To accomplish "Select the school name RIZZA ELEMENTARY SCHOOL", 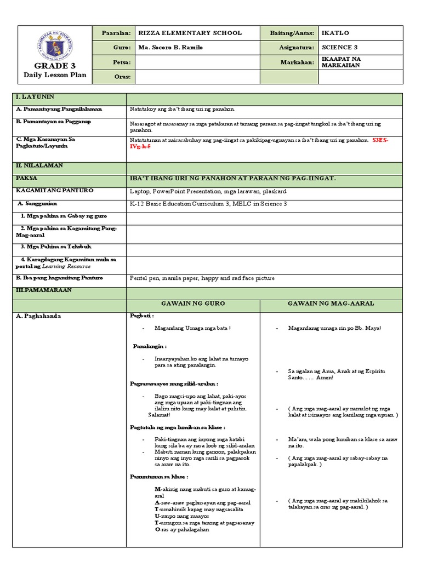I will tap(190, 33).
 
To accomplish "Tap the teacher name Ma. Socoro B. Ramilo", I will tap(171, 48).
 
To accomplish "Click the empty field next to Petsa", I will tap(194, 62).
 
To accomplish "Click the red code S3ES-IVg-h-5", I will tap(380, 144).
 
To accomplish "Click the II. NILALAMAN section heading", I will tap(39, 165).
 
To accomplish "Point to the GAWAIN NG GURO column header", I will tap(193, 303).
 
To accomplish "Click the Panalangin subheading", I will tap(150, 346).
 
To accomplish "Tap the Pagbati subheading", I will tap(142, 316).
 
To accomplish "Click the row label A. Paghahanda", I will tap(39, 316).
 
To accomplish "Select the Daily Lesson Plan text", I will tap(54, 75).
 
